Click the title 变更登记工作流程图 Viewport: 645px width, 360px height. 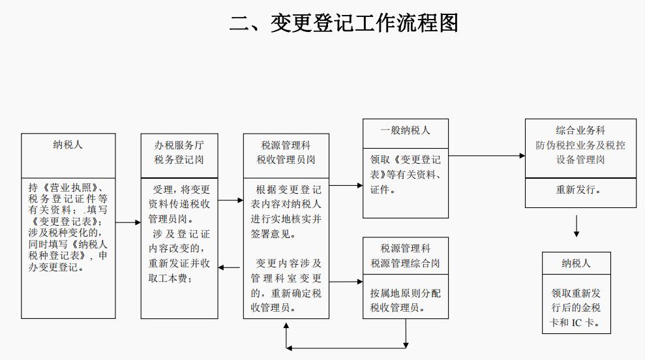[x=344, y=23]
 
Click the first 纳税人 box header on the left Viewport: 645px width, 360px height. [x=68, y=145]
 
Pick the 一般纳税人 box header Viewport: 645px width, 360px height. [x=406, y=130]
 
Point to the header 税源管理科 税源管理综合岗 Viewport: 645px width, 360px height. [x=406, y=256]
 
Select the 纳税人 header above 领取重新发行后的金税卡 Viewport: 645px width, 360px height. [x=576, y=263]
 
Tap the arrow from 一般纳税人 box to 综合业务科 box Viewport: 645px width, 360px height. [x=487, y=156]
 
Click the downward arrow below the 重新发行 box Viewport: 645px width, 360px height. [x=576, y=225]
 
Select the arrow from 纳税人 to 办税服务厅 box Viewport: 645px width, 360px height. [x=128, y=223]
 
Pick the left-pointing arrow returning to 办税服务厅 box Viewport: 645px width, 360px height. [x=230, y=267]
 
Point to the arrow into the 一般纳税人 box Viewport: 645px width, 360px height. [x=346, y=185]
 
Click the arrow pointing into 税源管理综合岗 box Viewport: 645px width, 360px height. [x=346, y=282]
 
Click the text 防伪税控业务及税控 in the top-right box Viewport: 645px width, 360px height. [x=580, y=145]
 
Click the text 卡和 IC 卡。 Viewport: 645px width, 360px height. [x=576, y=323]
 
